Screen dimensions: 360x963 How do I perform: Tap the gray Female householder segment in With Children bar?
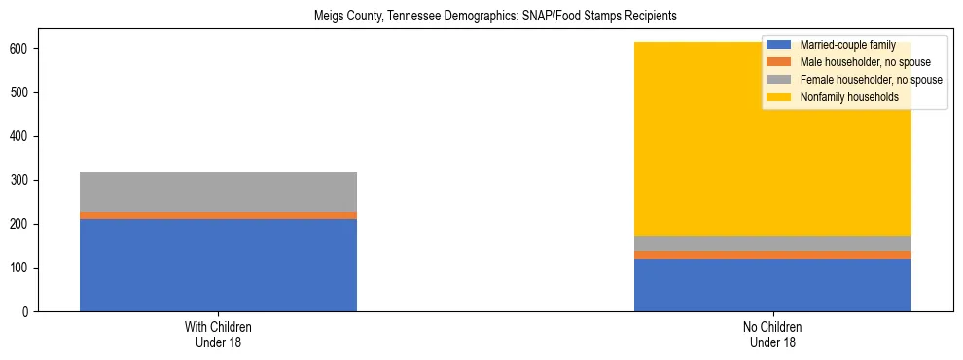click(218, 192)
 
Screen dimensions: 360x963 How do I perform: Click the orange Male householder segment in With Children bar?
click(218, 216)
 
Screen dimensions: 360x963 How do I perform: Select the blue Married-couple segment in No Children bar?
click(772, 285)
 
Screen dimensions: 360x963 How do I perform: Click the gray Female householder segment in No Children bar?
click(772, 243)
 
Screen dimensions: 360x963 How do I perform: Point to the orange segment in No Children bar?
click(772, 255)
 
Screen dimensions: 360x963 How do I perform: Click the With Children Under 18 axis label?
click(218, 334)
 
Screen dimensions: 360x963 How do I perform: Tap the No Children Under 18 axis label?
click(772, 334)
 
